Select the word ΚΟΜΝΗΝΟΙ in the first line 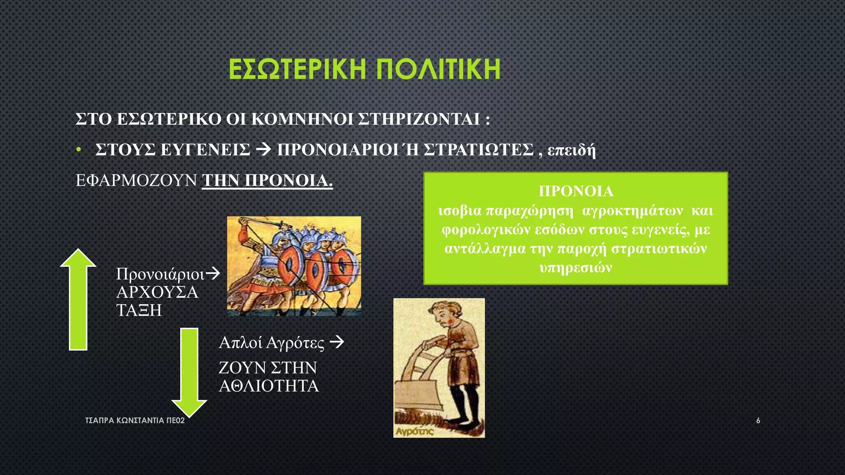(x=302, y=119)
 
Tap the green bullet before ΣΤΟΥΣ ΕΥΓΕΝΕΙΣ (x=78, y=150)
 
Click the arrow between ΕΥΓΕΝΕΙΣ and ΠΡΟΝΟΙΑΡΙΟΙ (x=263, y=149)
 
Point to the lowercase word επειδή (x=571, y=150)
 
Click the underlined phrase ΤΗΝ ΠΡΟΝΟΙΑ (x=267, y=181)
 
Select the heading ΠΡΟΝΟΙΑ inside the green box (x=576, y=191)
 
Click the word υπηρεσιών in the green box (x=576, y=268)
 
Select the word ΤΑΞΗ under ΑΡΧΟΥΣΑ (x=139, y=310)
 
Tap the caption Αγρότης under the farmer (x=414, y=431)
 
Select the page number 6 (x=758, y=421)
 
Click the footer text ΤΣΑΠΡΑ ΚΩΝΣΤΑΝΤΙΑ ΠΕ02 (x=135, y=421)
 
